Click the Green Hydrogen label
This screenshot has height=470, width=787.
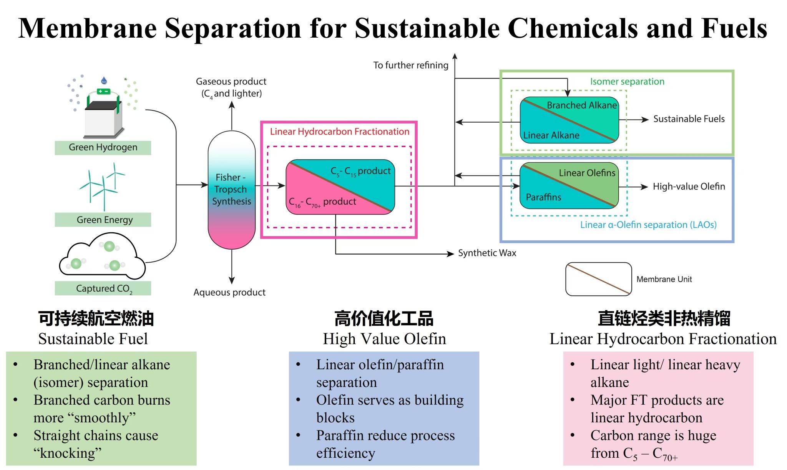pyautogui.click(x=103, y=147)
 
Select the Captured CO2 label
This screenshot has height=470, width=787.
pyautogui.click(x=103, y=288)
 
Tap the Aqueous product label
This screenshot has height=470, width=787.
pyautogui.click(x=229, y=292)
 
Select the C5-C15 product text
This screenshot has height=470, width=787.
pyautogui.click(x=360, y=171)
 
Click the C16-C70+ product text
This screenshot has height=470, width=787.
pyautogui.click(x=322, y=202)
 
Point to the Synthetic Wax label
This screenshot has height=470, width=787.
pyautogui.click(x=487, y=253)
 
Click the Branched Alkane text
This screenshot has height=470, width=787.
pyautogui.click(x=581, y=105)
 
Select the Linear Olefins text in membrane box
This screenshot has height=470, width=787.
pyautogui.click(x=587, y=173)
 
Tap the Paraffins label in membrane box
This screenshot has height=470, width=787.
pyautogui.click(x=543, y=197)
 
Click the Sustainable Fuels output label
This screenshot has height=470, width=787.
pyautogui.click(x=689, y=119)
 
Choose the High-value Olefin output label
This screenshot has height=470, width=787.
pyautogui.click(x=689, y=187)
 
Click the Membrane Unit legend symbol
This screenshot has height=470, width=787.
pyautogui.click(x=598, y=279)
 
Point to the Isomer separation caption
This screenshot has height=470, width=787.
pyautogui.click(x=627, y=82)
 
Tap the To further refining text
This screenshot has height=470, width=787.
pyautogui.click(x=410, y=65)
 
